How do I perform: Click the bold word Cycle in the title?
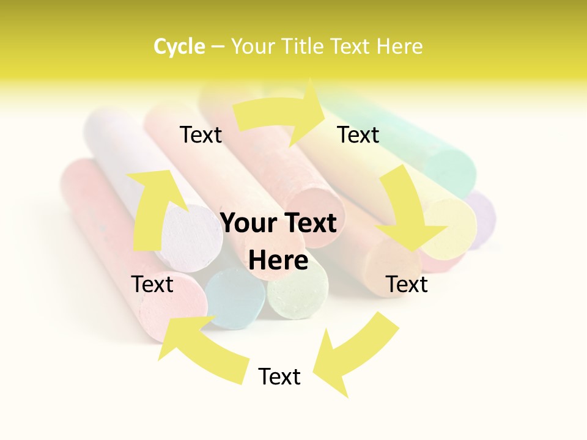click(179, 46)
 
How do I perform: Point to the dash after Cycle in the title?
click(218, 47)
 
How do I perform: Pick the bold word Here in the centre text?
click(278, 260)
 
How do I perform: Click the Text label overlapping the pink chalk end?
click(153, 284)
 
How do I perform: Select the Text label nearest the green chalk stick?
click(358, 134)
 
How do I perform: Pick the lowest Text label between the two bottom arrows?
click(279, 376)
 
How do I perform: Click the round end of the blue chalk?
click(235, 298)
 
